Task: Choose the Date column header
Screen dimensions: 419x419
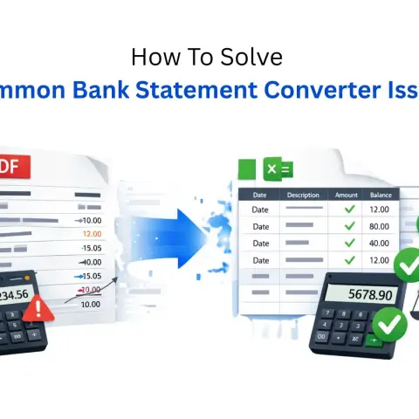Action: tap(259, 195)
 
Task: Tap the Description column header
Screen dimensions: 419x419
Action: tap(303, 195)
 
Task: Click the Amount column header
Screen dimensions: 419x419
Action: tap(347, 195)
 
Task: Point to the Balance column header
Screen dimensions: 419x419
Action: tap(380, 195)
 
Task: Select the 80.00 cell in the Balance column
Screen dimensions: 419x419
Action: tap(380, 225)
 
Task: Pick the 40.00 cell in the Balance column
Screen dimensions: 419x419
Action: tap(380, 243)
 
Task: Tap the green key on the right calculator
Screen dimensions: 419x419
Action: tap(373, 341)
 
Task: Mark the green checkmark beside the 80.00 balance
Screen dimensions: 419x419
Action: tap(350, 225)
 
